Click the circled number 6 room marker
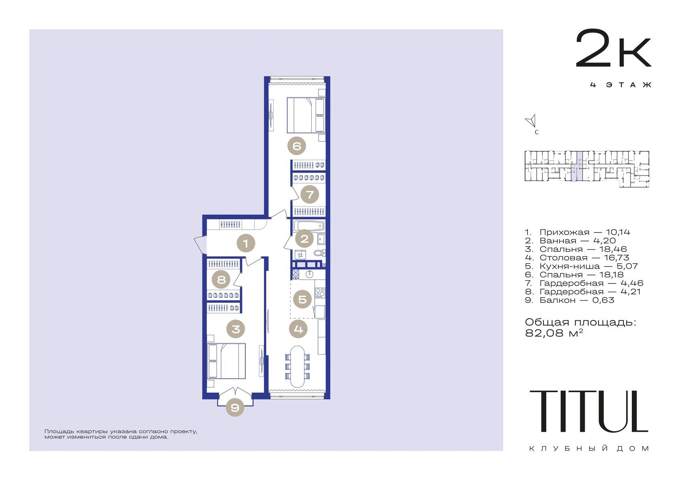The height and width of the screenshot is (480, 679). pos(297,146)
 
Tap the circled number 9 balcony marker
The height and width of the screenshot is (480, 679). pos(235,407)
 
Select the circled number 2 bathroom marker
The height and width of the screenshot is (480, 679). pos(304,239)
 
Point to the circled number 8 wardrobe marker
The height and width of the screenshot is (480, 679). pos(221,279)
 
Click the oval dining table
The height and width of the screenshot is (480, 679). pos(297,366)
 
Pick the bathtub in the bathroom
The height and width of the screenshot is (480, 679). pos(309,226)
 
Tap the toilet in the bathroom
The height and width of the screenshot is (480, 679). pos(319,253)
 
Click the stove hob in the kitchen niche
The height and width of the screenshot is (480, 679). pos(320,293)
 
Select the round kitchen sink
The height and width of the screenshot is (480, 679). pos(309,274)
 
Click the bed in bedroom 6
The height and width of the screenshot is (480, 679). pos(306,115)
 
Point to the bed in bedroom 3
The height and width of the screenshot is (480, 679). pos(226,361)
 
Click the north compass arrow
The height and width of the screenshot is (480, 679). pos(531,121)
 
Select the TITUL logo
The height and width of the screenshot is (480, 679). pos(588,411)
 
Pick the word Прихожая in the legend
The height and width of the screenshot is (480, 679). pos(564,232)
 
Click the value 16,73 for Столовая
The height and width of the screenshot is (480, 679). pos(616,258)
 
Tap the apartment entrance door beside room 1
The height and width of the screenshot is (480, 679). pos(200,244)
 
